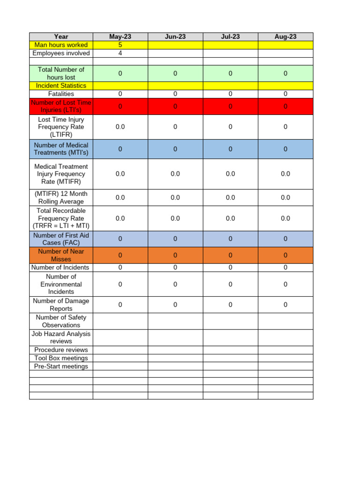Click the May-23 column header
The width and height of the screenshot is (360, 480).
pyautogui.click(x=120, y=37)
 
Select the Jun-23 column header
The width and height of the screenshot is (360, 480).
pyautogui.click(x=175, y=37)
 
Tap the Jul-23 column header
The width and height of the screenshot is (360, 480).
pyautogui.click(x=230, y=37)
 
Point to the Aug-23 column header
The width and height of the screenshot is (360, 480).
pyautogui.click(x=285, y=37)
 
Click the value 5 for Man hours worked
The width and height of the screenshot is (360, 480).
pyautogui.click(x=120, y=45)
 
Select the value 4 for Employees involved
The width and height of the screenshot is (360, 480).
pyautogui.click(x=120, y=53)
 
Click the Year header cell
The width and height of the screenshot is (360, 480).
pyautogui.click(x=61, y=37)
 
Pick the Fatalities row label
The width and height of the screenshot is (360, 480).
pyautogui.click(x=61, y=94)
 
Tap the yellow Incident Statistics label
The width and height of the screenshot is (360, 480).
pyautogui.click(x=61, y=86)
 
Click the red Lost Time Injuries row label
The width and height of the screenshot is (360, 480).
pyautogui.click(x=61, y=106)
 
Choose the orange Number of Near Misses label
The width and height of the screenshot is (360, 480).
pyautogui.click(x=61, y=255)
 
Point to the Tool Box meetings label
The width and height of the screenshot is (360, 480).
pyautogui.click(x=61, y=358)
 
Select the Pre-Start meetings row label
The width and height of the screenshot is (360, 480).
pyautogui.click(x=61, y=366)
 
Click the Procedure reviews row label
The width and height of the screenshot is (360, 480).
pyautogui.click(x=61, y=350)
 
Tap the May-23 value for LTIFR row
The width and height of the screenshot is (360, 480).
pyautogui.click(x=120, y=127)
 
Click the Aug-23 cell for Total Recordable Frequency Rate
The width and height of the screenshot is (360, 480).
pyautogui.click(x=285, y=218)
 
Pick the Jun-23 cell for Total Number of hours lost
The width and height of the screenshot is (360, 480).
pyautogui.click(x=175, y=74)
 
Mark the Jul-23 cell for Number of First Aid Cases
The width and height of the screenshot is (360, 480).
pyautogui.click(x=230, y=239)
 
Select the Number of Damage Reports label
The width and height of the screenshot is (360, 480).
pyautogui.click(x=61, y=305)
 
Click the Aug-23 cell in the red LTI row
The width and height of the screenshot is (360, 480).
pyautogui.click(x=285, y=106)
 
